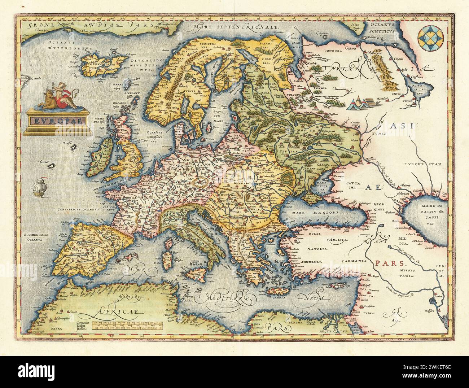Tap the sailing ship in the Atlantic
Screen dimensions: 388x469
[39, 187]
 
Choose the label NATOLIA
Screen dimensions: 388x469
[317, 249]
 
